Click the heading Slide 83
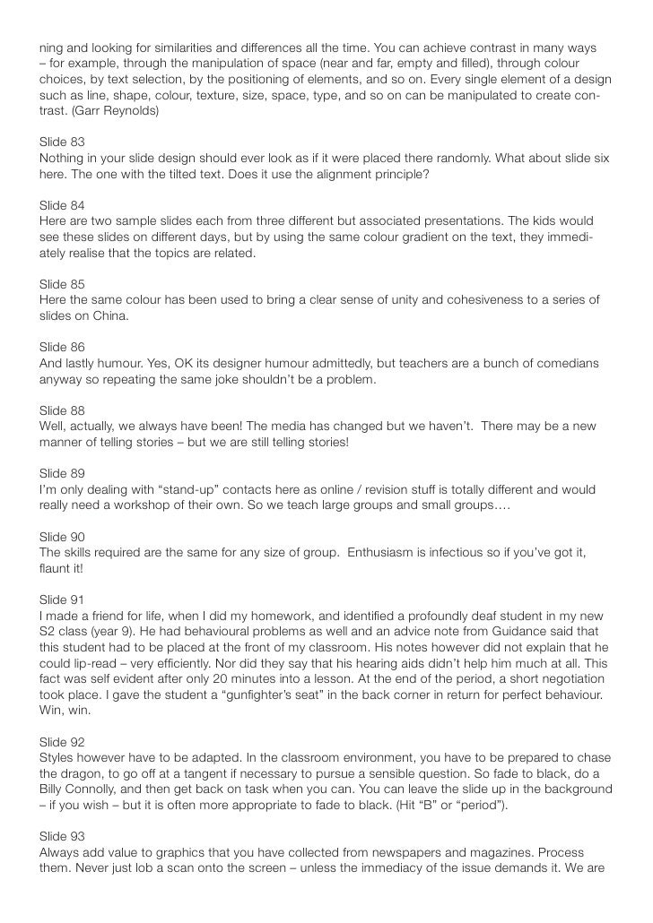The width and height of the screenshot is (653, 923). tap(62, 142)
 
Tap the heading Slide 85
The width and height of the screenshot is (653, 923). tap(62, 283)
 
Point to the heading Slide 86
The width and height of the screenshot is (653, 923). tap(62, 346)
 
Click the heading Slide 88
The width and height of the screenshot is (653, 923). tap(62, 410)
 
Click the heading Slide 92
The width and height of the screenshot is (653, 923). tap(62, 742)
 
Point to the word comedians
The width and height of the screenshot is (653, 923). tap(563, 363)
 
